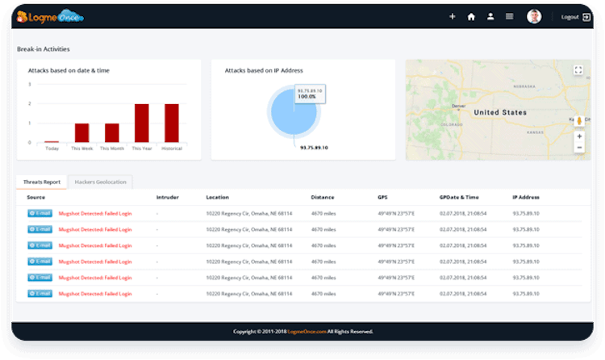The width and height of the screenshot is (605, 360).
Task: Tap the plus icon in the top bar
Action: click(x=452, y=16)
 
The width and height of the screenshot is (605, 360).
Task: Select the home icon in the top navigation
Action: click(x=471, y=16)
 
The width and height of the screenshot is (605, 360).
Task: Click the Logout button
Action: click(x=576, y=16)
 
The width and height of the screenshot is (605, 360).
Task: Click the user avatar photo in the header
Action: click(x=533, y=16)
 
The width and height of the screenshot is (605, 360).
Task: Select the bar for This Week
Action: click(x=81, y=133)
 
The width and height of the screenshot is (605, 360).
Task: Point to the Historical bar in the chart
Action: click(x=171, y=123)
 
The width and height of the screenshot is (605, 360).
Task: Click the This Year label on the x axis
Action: click(x=141, y=149)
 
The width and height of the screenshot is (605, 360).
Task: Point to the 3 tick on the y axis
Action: click(x=30, y=84)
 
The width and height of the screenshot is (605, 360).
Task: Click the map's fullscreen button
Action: click(x=578, y=70)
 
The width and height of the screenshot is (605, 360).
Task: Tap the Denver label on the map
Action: click(x=459, y=106)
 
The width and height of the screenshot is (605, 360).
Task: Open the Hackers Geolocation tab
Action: click(x=101, y=182)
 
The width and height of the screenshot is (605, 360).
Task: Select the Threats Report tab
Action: click(x=42, y=182)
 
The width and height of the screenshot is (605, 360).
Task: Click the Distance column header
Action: click(x=323, y=197)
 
